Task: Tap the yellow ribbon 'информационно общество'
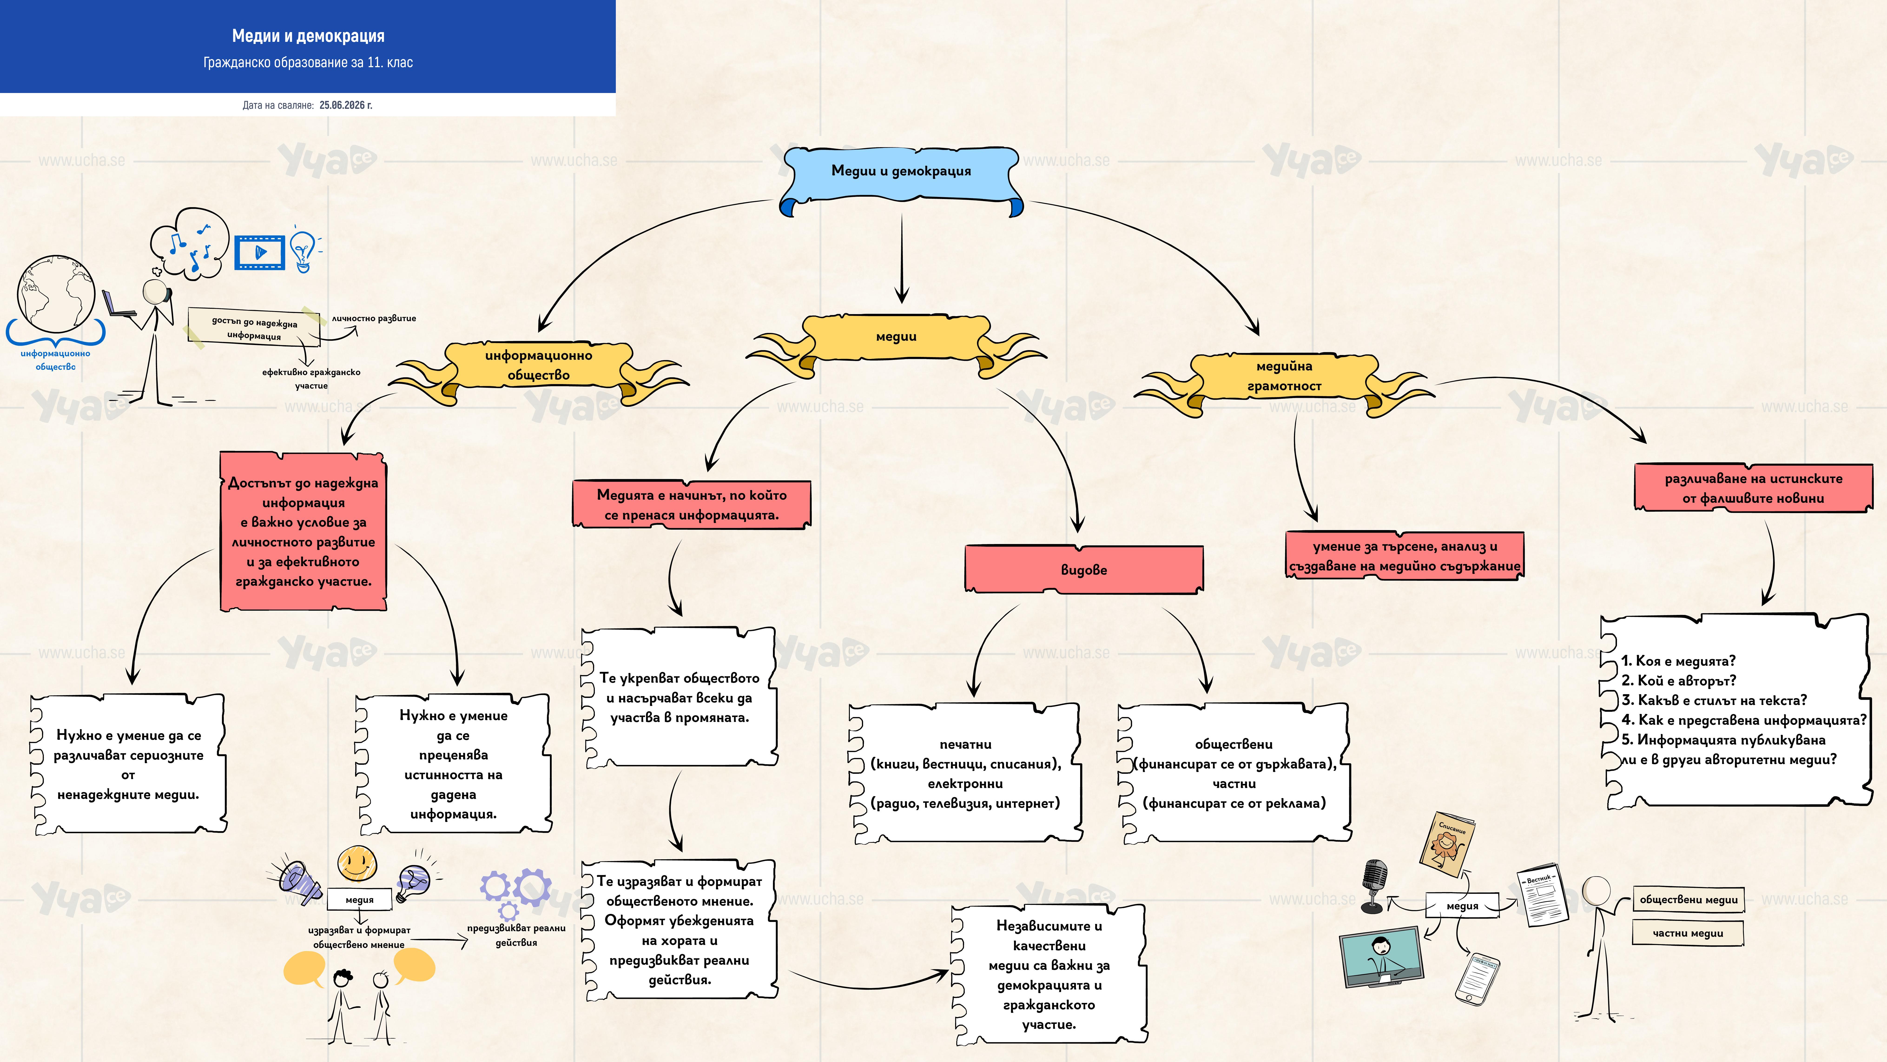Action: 538,370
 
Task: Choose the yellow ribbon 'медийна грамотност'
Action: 1284,381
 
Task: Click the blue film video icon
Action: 259,252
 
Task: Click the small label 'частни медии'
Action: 1688,933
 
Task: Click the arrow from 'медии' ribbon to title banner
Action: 902,258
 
